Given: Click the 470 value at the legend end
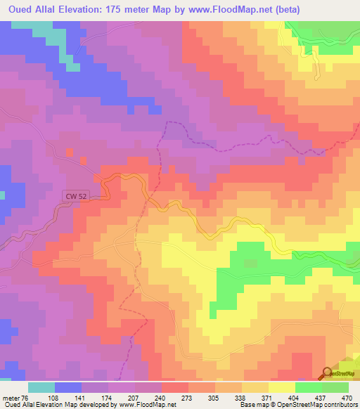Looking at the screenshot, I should (347, 397).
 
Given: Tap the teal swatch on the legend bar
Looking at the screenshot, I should (41, 387).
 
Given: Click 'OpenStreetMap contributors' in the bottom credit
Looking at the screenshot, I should (322, 405).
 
